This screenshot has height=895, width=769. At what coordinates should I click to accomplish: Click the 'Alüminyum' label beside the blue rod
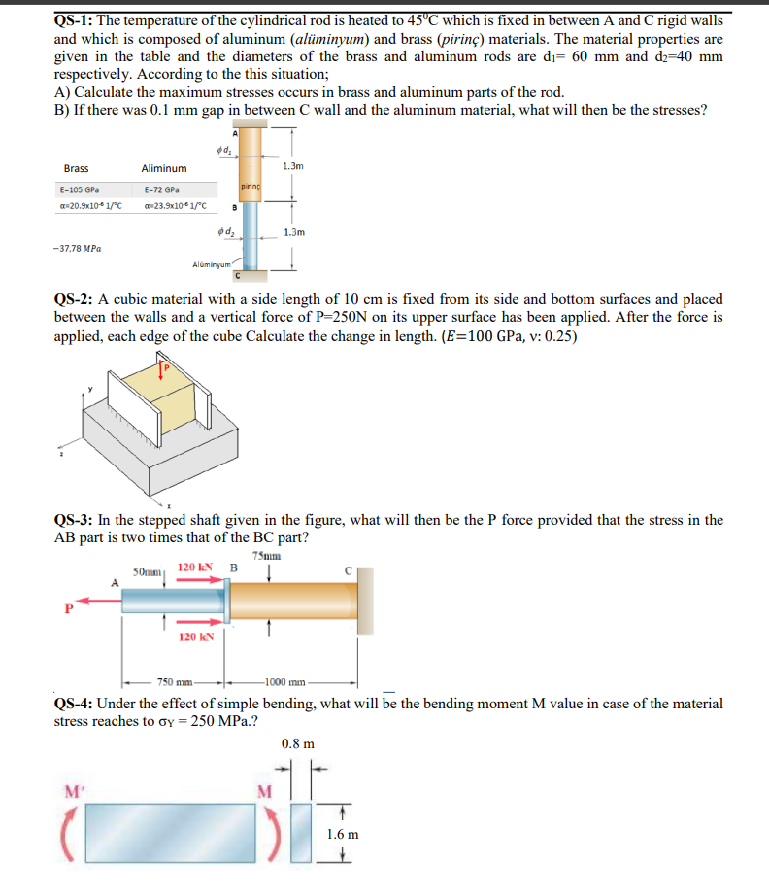[x=213, y=263]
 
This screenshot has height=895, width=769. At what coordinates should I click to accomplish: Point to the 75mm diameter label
[x=265, y=556]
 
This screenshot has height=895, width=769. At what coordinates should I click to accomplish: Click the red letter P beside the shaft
[x=68, y=611]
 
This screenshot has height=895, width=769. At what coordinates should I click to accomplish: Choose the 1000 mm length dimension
[x=283, y=682]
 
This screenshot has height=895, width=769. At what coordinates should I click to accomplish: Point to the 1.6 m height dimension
[x=343, y=834]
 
